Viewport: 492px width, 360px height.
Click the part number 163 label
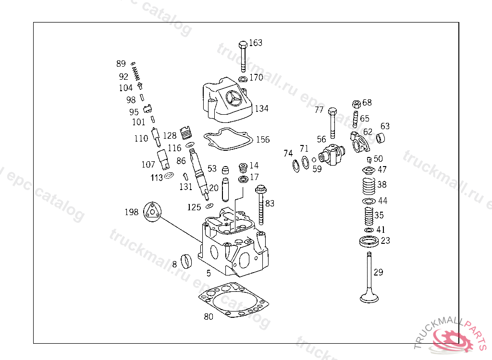[256, 43]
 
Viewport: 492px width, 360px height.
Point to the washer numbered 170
[243, 78]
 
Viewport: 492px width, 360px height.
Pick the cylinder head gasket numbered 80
[234, 301]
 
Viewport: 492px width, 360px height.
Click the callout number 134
[261, 108]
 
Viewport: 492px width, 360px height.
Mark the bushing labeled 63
[382, 139]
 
